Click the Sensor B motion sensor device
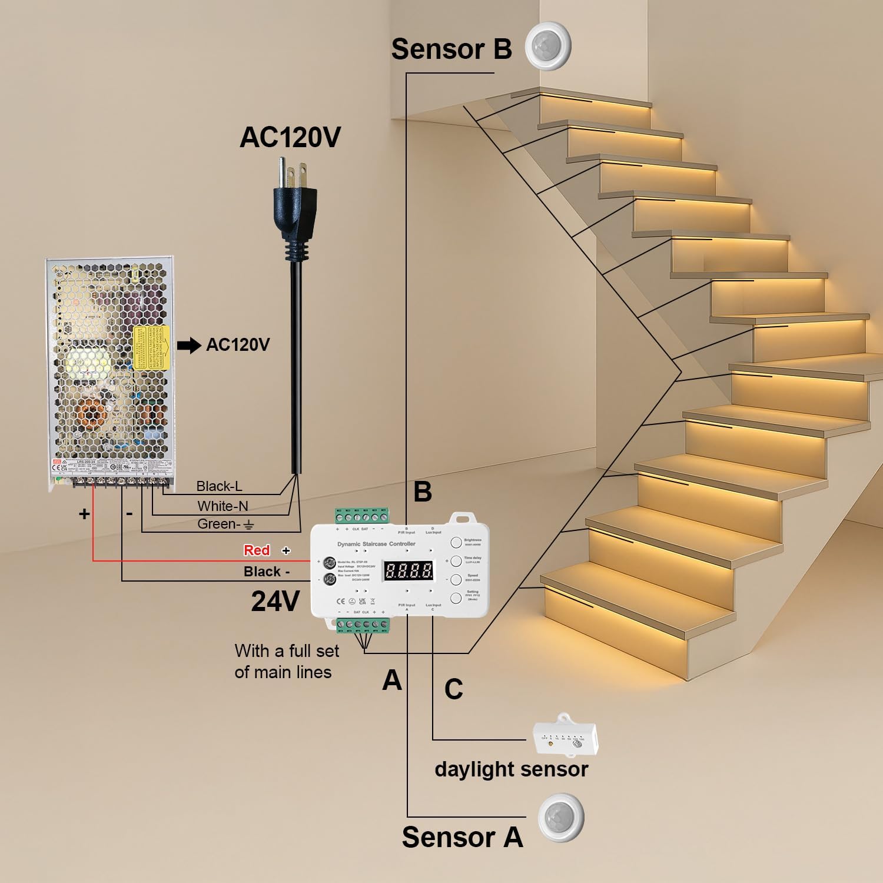click(549, 46)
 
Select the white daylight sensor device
click(565, 736)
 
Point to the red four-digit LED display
click(409, 570)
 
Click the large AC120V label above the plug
click(290, 137)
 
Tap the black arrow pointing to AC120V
click(189, 346)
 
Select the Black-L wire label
click(219, 486)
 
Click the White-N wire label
click(223, 506)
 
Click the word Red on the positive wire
click(257, 550)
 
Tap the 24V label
click(275, 601)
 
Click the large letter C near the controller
click(453, 689)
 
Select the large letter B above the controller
click(423, 492)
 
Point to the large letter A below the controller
click(392, 680)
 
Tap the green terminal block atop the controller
click(362, 516)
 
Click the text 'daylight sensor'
click(511, 769)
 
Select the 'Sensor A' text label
click(462, 837)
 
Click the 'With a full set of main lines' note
click(286, 661)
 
